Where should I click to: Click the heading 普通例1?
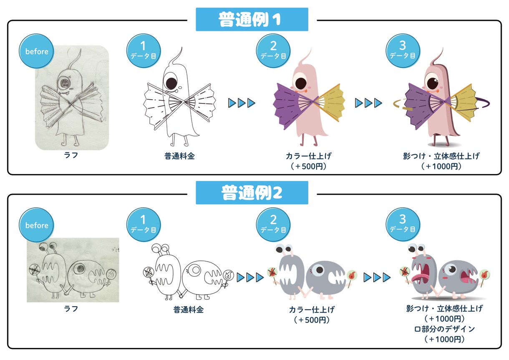pos(250,19)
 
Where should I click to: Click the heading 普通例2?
pos(252,193)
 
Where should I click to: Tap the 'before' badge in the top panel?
pos(37,51)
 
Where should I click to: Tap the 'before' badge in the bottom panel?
pos(37,225)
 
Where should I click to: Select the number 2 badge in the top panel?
pos(273,51)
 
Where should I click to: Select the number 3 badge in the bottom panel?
pos(403,224)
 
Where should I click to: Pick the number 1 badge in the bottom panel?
pos(144,224)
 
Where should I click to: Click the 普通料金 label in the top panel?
pos(179,156)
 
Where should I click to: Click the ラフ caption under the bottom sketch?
pos(71,309)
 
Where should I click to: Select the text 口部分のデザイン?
pos(444,329)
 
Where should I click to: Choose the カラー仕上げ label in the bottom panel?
pos(312,310)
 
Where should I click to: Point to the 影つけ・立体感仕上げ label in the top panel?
pos(441,156)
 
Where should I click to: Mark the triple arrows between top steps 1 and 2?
pos(242,103)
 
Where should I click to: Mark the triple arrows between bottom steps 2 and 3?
pos(377,277)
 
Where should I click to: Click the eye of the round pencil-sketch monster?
pos(79,269)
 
